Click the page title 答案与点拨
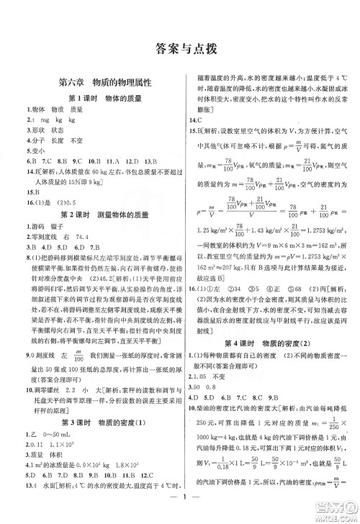click(180, 50)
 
